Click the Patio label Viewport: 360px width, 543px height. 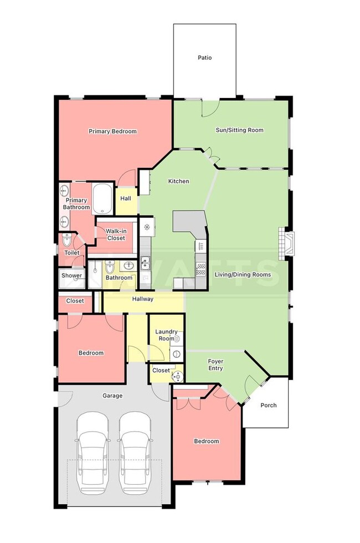[x=205, y=58]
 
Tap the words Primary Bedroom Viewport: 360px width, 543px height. [x=112, y=131]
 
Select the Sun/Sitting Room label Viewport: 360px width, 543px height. [x=239, y=130]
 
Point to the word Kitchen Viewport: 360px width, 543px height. [x=179, y=181]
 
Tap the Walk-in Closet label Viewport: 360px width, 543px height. [x=115, y=234]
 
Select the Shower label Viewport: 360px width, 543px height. [x=72, y=275]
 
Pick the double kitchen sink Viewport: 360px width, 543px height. [x=145, y=262]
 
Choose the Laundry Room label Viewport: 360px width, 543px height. [x=166, y=335]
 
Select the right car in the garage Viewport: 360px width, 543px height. [x=136, y=452]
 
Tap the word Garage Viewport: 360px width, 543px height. [x=112, y=396]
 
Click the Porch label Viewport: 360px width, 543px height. [x=269, y=405]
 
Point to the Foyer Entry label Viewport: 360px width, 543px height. [x=215, y=365]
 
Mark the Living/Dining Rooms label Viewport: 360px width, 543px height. [x=243, y=274]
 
